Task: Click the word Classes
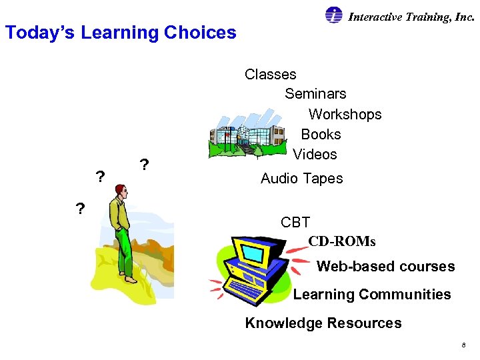pyautogui.click(x=270, y=74)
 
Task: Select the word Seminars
pyautogui.click(x=315, y=94)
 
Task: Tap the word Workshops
pyautogui.click(x=345, y=114)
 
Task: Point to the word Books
pyautogui.click(x=321, y=134)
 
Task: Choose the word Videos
pyautogui.click(x=315, y=154)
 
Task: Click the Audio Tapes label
pyautogui.click(x=301, y=178)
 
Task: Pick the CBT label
pyautogui.click(x=295, y=222)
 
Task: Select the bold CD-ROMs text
pyautogui.click(x=342, y=241)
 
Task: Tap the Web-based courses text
pyautogui.click(x=385, y=267)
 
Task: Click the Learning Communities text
pyautogui.click(x=372, y=295)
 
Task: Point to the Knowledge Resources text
pyautogui.click(x=323, y=323)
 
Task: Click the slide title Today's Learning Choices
pyautogui.click(x=121, y=32)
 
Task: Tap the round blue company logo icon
pyautogui.click(x=334, y=15)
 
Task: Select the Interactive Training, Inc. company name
pyautogui.click(x=411, y=17)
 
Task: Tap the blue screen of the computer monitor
pyautogui.click(x=254, y=253)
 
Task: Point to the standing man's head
pyautogui.click(x=120, y=192)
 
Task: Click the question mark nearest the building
pyautogui.click(x=143, y=164)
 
